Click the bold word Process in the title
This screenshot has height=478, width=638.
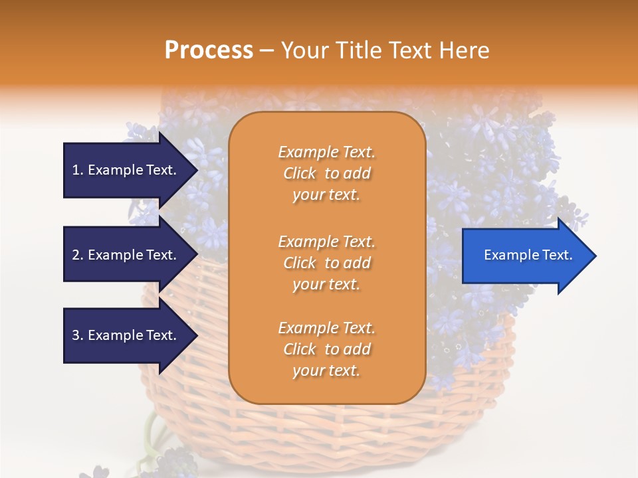click(x=209, y=50)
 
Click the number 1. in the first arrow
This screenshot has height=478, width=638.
click(x=78, y=170)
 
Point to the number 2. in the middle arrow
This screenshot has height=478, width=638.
click(x=78, y=255)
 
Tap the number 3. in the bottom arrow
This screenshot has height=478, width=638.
click(x=78, y=335)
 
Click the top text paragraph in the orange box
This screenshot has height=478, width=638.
click(x=326, y=173)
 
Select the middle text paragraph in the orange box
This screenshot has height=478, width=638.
click(x=326, y=263)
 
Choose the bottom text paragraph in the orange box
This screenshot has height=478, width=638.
click(x=326, y=349)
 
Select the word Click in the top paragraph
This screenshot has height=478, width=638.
click(x=300, y=173)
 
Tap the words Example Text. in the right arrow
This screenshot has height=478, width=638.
click(x=528, y=255)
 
